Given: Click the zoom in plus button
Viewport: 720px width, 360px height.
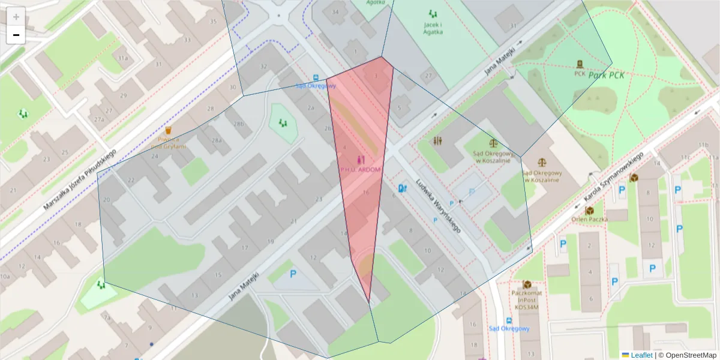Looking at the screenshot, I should coord(16,17).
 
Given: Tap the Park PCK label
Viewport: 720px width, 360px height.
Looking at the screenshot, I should coord(607,75).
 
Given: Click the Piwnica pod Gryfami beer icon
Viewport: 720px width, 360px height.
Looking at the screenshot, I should coord(169,130).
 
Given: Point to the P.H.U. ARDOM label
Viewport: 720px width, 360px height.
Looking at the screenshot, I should coord(360,169).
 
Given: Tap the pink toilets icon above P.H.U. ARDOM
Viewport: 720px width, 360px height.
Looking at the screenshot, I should coord(360,160).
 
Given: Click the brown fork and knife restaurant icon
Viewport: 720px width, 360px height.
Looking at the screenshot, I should coord(437,141).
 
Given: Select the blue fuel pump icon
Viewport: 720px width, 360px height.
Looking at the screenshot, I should coord(401,188).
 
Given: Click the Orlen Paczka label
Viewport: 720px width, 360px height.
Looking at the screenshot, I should coord(589,219).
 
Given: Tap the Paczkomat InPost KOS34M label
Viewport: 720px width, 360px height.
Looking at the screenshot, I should coord(527,299).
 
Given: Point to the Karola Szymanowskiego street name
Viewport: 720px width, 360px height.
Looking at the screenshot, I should coord(613,178).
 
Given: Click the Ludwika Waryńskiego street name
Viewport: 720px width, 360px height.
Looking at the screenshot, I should coord(439,208).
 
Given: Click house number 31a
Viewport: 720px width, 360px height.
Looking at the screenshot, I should coord(122,58).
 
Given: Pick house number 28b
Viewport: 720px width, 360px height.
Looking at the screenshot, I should coord(238,124).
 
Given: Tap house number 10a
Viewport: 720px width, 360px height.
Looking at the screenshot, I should coord(5,277).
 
